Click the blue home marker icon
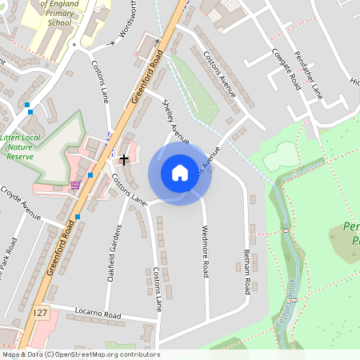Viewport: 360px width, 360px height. (x=180, y=173)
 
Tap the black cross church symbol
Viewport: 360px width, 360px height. (x=124, y=159)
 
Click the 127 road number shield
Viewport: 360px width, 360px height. (x=41, y=309)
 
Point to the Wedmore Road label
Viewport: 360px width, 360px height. (x=205, y=252)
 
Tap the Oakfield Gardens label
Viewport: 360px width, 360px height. (x=112, y=248)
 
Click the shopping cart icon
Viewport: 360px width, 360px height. (x=75, y=184)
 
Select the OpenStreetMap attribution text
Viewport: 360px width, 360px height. (x=80, y=354)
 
